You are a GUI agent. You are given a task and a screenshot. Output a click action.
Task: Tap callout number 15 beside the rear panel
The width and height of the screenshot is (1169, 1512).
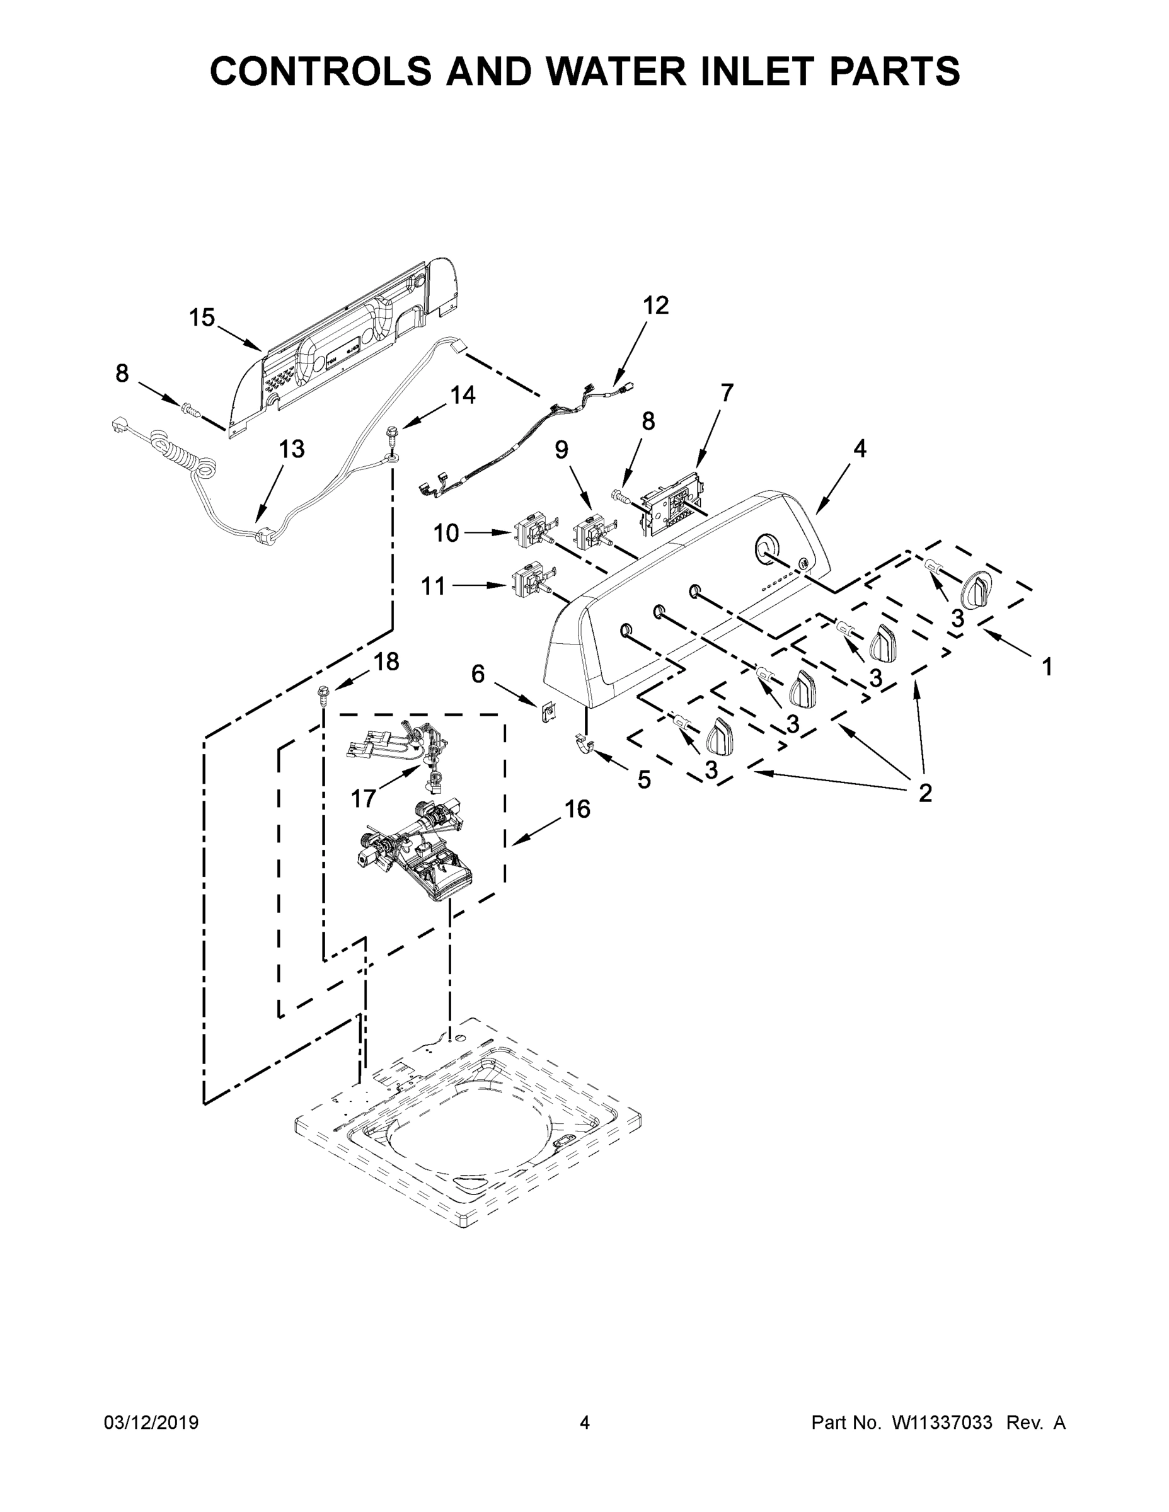tap(202, 318)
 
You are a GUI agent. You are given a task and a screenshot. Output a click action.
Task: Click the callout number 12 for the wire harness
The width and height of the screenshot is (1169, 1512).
tap(655, 306)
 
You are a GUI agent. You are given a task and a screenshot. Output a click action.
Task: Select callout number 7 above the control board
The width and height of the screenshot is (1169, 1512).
tap(726, 392)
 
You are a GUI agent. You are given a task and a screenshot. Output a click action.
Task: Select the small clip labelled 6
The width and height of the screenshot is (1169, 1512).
tap(549, 709)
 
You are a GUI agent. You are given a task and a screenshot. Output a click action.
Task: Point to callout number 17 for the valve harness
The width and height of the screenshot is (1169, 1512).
tap(363, 798)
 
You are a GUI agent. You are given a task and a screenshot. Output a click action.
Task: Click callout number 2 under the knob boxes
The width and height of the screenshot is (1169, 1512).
tap(924, 792)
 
